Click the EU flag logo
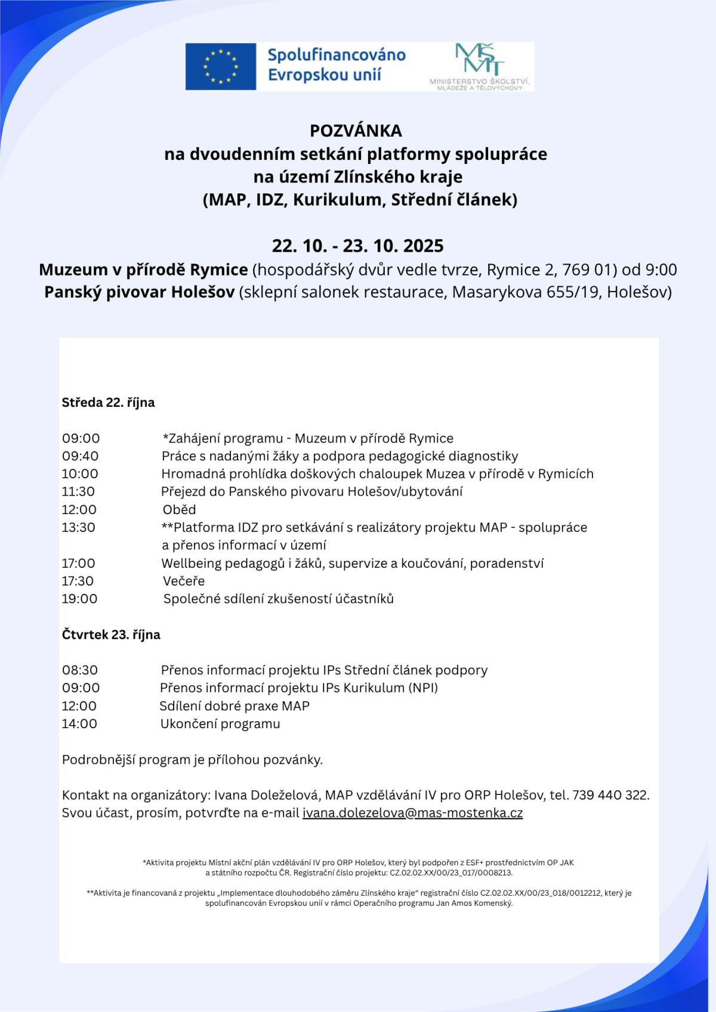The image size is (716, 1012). point(221,66)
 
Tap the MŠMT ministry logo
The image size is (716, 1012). point(480,66)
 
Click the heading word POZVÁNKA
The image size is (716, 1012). point(356,131)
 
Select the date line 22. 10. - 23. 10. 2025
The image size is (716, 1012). point(358,246)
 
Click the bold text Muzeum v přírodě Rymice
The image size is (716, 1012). point(143,270)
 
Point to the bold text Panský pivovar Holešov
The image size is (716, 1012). point(139,292)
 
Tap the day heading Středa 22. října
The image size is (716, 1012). point(108,403)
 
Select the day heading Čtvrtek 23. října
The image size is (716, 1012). point(111,635)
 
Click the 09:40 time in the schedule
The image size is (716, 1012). point(81,456)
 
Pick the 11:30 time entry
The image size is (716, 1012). point(78,491)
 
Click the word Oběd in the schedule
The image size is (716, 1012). point(179,509)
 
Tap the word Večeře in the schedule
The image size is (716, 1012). point(184,581)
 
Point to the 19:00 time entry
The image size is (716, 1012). point(79,599)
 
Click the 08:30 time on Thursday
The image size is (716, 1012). point(80,670)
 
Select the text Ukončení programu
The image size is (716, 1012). point(220,724)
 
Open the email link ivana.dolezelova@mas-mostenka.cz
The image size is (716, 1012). point(412,813)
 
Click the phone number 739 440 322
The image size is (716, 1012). point(610,795)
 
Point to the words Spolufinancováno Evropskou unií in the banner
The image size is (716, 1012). point(336,65)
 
